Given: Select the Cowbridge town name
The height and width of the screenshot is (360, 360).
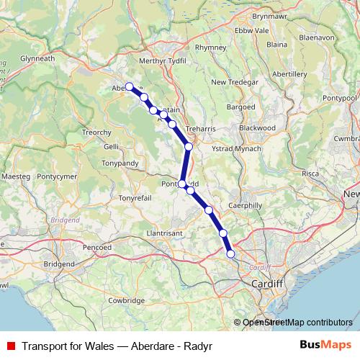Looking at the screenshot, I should [x=127, y=300].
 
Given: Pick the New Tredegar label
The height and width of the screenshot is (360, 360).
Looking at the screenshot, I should [x=234, y=82].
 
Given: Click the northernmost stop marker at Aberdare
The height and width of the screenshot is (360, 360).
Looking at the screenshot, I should [x=130, y=87].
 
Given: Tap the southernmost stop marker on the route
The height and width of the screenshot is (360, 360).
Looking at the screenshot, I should [x=230, y=253].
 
